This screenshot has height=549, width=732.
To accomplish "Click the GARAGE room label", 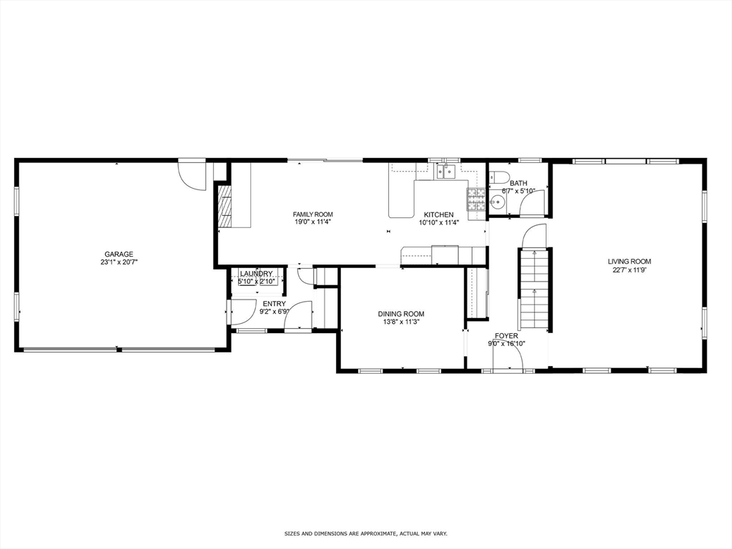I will coord(119,254).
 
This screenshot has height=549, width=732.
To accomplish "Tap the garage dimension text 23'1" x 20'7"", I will coord(119,262).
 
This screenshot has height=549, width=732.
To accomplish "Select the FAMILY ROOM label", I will coord(312,214).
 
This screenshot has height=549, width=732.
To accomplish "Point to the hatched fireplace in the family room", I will coord(224,207).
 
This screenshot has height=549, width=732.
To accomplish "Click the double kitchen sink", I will coord(447,170).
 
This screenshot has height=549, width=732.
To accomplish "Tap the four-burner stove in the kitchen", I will coord(476,199).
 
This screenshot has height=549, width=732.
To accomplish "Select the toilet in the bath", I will coord(498,179).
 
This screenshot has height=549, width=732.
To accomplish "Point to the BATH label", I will coord(518,183).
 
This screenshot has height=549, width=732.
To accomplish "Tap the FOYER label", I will coord(506,335).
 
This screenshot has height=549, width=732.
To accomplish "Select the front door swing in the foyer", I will coord(509,362).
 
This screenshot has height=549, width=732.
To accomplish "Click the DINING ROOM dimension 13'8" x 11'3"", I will coord(401,322).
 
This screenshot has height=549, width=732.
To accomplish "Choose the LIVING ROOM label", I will coord(629,262).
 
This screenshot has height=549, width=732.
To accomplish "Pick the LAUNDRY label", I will coord(256,274).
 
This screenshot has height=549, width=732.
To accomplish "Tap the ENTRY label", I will coord(274,304).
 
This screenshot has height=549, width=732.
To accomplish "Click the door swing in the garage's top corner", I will coord(190,175).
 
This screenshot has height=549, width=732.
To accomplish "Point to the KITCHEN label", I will coord(438,214).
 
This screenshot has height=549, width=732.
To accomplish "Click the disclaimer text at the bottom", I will coord(365,533).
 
